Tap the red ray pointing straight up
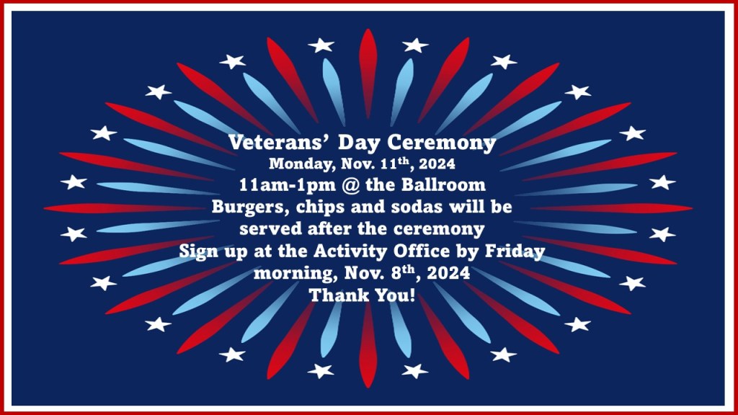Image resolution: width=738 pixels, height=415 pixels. (x=368, y=73)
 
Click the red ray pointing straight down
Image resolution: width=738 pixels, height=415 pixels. (x=368, y=346)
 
